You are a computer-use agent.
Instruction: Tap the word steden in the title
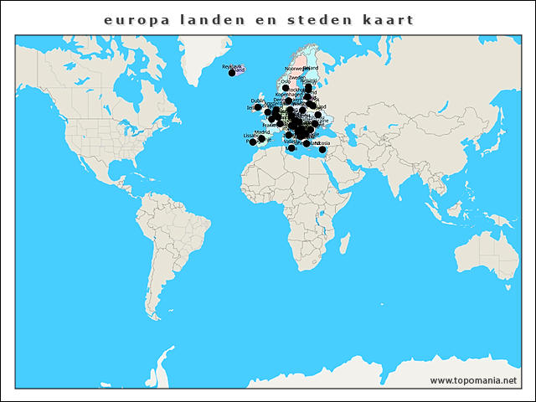point(319,18)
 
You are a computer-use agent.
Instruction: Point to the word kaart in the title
point(388,18)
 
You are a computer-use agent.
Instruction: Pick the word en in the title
point(262,18)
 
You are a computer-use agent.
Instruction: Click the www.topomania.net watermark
point(474,380)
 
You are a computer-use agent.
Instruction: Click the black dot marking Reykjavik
point(232,74)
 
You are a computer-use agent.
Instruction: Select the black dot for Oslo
point(286,88)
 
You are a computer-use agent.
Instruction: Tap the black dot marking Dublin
point(258,107)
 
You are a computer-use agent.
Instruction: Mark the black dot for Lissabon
point(253,142)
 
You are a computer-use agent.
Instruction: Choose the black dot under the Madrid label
point(262,139)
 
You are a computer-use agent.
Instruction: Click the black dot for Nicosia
point(322,150)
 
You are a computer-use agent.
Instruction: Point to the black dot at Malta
point(292,149)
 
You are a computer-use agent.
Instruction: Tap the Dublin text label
point(258,100)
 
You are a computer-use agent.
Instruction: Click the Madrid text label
point(263,132)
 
